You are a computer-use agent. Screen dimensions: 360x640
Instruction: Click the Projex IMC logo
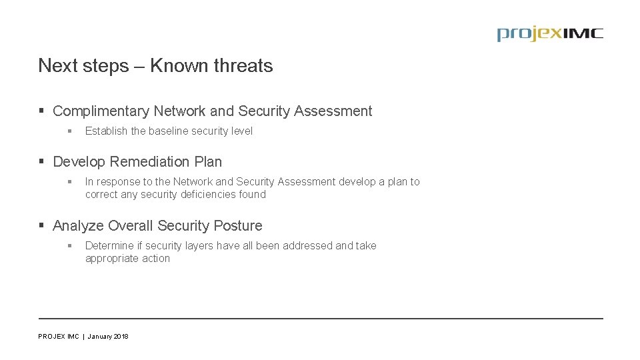pyautogui.click(x=549, y=34)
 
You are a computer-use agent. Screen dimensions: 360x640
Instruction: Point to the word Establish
pyautogui.click(x=106, y=131)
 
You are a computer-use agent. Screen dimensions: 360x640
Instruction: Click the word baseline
pyautogui.click(x=169, y=131)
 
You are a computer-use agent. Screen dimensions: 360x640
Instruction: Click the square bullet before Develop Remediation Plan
pyautogui.click(x=42, y=162)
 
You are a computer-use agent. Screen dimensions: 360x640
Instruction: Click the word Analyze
pyautogui.click(x=78, y=226)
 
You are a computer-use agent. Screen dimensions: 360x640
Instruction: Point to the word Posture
pyautogui.click(x=238, y=226)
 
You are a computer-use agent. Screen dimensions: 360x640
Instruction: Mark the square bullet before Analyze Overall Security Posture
pyautogui.click(x=42, y=226)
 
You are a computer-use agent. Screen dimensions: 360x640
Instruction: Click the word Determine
pyautogui.click(x=110, y=246)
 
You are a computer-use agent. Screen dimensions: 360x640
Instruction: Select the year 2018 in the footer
pyautogui.click(x=121, y=337)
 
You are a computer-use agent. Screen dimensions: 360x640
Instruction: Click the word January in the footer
pyautogui.click(x=99, y=337)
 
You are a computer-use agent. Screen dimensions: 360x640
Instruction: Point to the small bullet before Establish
pyautogui.click(x=69, y=131)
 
